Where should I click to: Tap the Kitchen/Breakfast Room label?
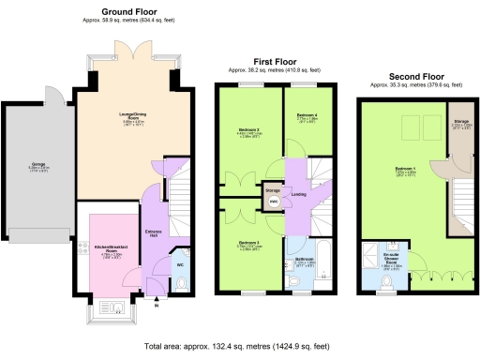pyautogui.click(x=112, y=249)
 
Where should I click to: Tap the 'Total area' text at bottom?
pyautogui.click(x=240, y=346)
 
